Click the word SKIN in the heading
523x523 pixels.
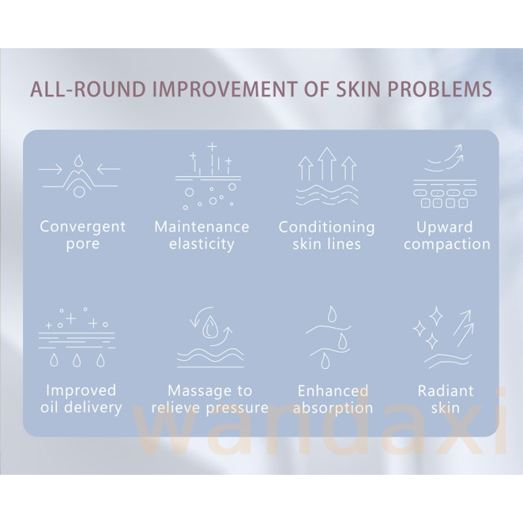[358, 89]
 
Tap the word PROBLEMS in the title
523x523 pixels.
[440, 89]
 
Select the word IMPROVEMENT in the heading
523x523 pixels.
[224, 89]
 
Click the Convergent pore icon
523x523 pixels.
[79, 175]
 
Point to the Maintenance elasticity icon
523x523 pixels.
[209, 175]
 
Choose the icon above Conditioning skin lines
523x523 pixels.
[327, 176]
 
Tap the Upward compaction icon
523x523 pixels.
[445, 176]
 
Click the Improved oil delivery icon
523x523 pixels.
[77, 337]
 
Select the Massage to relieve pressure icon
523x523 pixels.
[210, 337]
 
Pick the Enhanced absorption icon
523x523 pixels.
[328, 337]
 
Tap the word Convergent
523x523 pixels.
[83, 228]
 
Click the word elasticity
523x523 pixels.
[201, 244]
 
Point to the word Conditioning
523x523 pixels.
[327, 228]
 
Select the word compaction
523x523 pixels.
[447, 244]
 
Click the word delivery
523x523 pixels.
[98, 408]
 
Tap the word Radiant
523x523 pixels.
[446, 391]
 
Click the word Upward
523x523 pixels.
[445, 228]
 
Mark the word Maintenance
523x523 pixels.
[201, 228]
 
